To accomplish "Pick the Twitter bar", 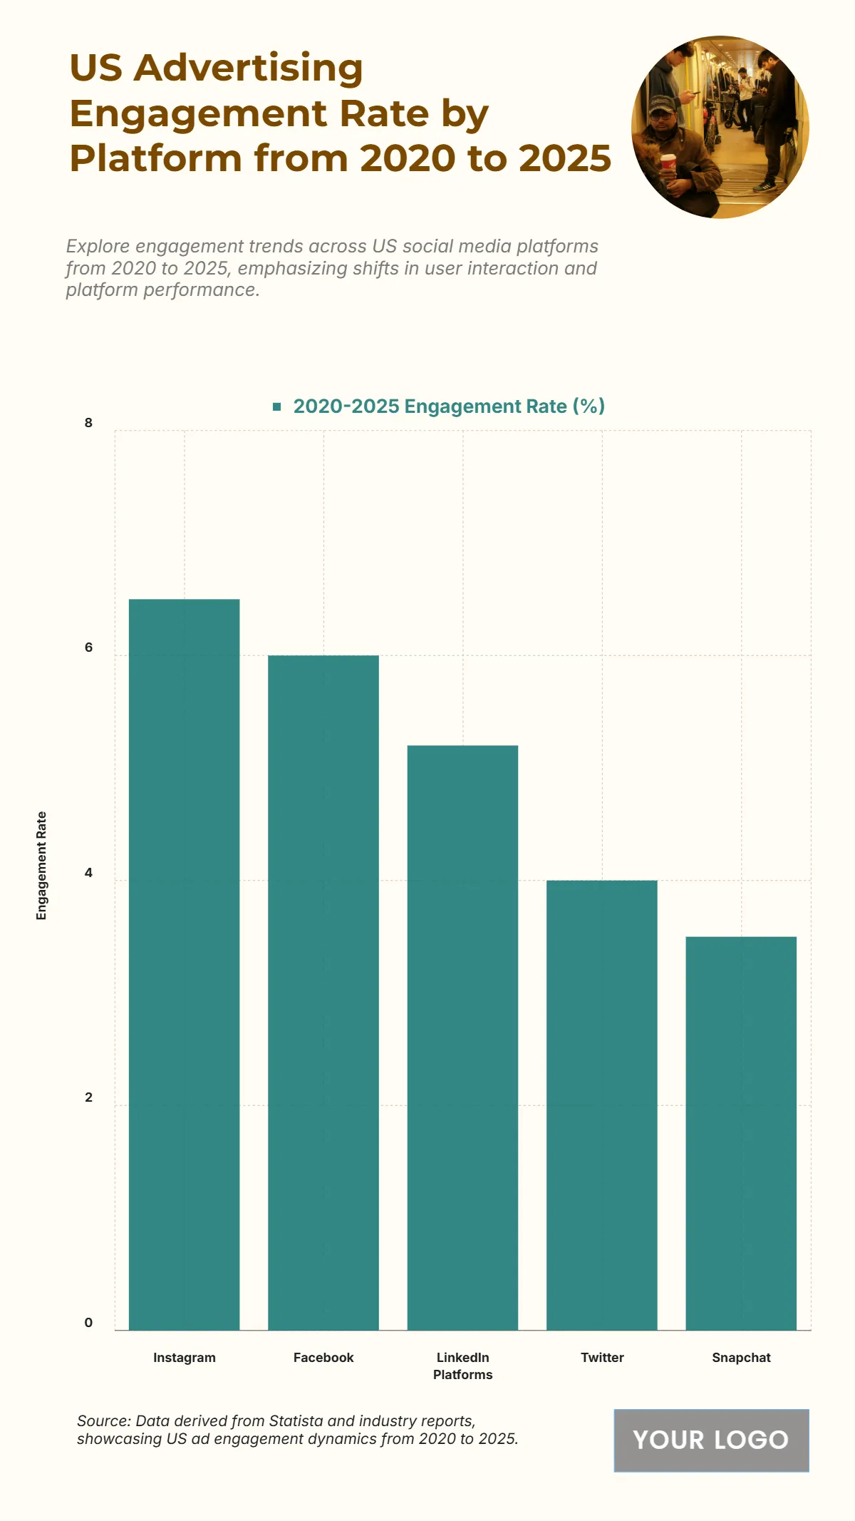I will point(602,1105).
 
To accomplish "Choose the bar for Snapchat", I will point(741,1133).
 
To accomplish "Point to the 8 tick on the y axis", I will point(88,423).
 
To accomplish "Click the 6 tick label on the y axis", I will point(88,647).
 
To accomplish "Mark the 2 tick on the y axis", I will point(88,1097).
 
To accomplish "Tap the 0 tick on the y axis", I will point(88,1323).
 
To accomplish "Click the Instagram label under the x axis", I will point(184,1358).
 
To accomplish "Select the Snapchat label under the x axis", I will point(741,1358).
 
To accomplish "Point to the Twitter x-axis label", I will point(602,1358).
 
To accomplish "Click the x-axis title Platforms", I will point(462,1375).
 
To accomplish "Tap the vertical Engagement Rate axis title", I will point(41,866).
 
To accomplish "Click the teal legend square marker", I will point(277,406).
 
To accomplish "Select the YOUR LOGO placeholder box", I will point(711,1440).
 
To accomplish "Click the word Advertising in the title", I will point(249,69).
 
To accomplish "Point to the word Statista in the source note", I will point(296,1421).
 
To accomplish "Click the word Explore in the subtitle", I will point(98,247).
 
